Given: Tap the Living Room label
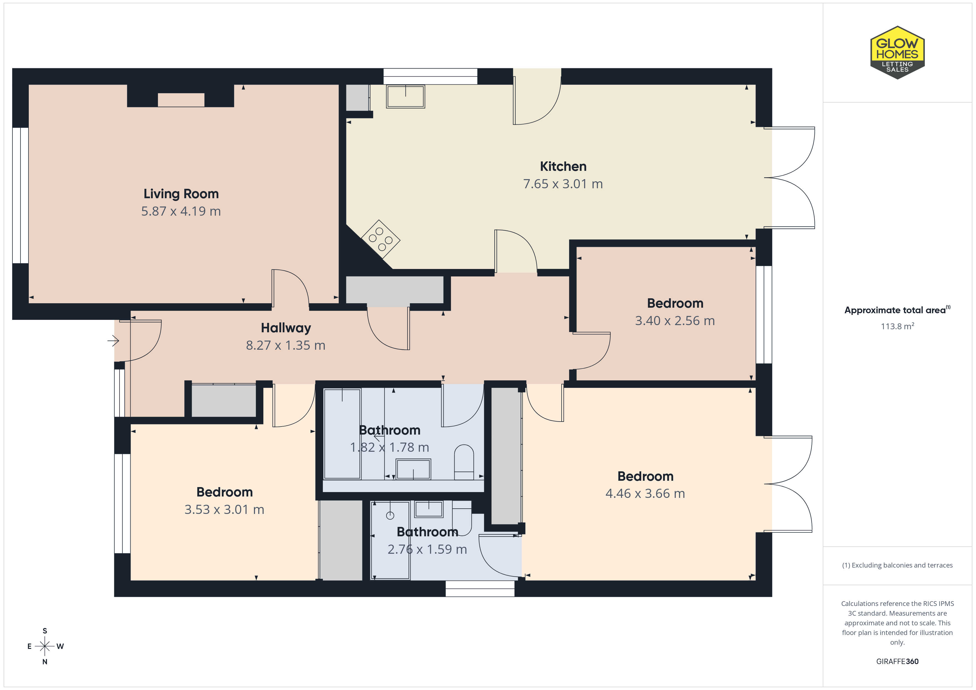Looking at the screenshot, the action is [x=181, y=194].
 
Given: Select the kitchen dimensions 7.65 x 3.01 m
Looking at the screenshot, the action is [x=563, y=184].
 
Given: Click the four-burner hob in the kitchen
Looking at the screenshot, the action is [x=380, y=239].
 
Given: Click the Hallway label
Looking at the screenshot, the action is [x=286, y=328].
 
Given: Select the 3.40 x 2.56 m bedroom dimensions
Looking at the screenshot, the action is [x=675, y=321].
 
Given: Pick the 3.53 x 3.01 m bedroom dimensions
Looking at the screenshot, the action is [x=224, y=509].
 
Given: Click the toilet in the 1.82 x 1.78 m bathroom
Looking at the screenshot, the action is [x=464, y=462].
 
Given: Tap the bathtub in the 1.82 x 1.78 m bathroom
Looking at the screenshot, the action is [x=342, y=433].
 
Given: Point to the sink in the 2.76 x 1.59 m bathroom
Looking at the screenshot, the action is [x=429, y=509].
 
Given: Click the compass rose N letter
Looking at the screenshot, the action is [x=45, y=662].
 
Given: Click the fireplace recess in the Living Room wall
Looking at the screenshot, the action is [x=181, y=100].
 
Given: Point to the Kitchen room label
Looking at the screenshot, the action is [x=563, y=166].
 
